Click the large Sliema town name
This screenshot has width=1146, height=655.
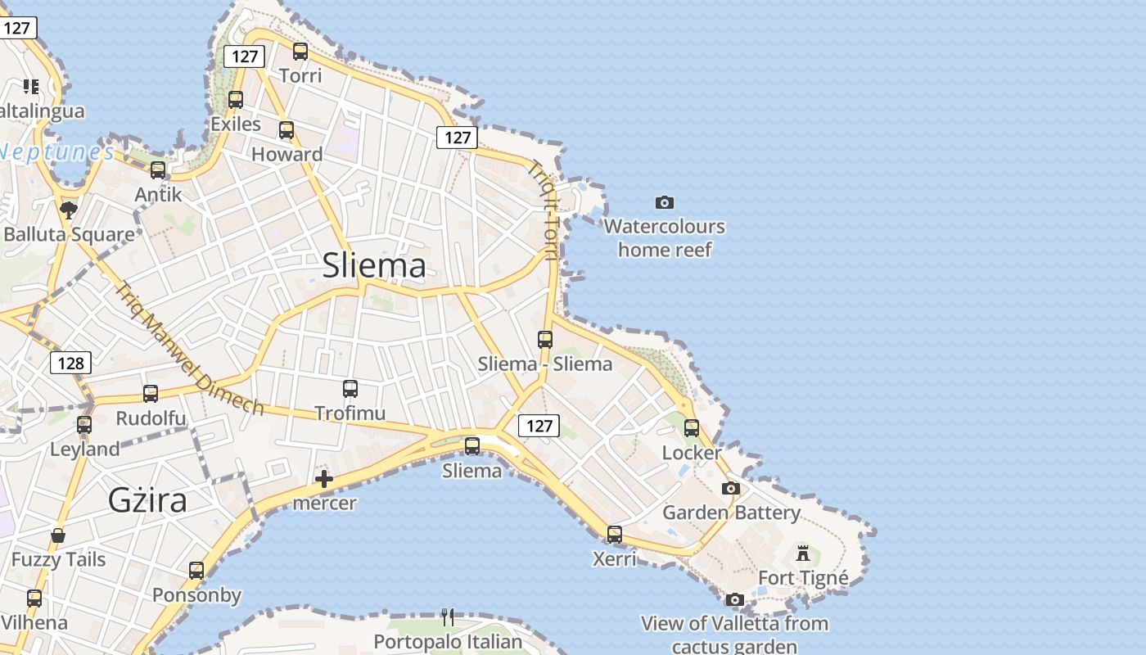pos(374,266)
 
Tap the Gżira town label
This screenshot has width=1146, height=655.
pos(148,499)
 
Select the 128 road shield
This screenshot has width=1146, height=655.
pos(70,363)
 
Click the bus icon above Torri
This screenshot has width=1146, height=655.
pos(300,52)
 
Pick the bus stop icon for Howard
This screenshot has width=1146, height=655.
pos(286,130)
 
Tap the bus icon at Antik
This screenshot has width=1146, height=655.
pos(158,170)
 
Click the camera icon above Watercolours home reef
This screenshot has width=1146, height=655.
pos(665,202)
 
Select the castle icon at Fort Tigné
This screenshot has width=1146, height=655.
pos(803,553)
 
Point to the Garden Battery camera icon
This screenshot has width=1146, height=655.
pos(731,489)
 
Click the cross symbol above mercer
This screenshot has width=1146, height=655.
pos(324,479)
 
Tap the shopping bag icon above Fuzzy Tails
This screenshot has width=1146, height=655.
pos(58,536)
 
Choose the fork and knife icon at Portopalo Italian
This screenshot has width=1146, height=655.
pos(448,617)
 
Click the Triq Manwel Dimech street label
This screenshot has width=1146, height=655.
pos(189,349)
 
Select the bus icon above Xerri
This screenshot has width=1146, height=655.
pos(615,535)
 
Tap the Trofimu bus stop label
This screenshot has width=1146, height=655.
pos(350,413)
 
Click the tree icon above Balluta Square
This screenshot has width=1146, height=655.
pos(69,210)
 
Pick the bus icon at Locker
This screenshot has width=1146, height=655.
pos(692,428)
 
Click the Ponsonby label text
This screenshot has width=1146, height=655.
pos(196,595)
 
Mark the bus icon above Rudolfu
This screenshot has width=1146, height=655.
pos(151,394)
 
